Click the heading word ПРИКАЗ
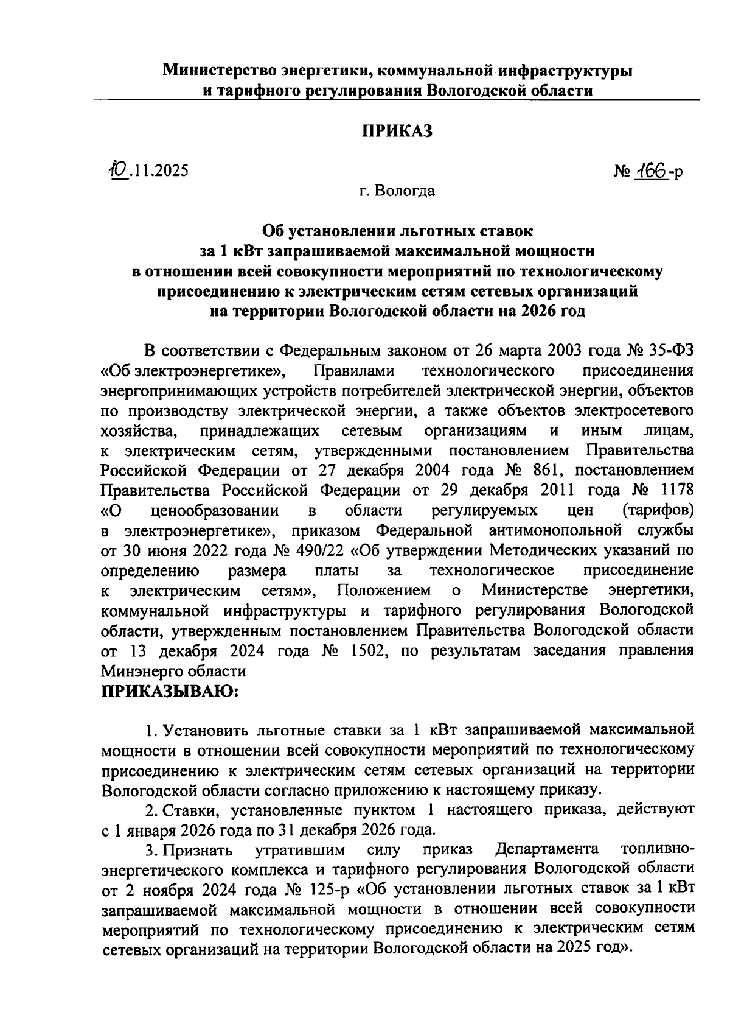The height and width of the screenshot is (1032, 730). [397, 131]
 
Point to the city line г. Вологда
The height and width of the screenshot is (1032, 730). [397, 191]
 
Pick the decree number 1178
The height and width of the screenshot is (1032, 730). [675, 491]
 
